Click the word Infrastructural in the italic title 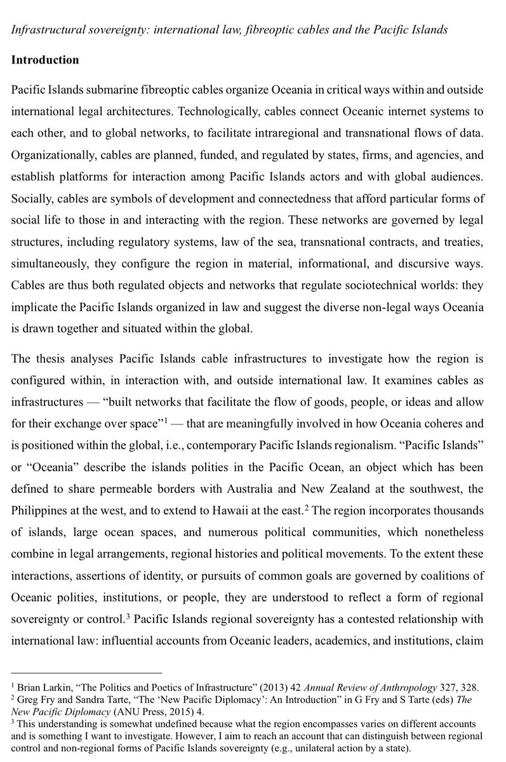[x=46, y=30]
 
